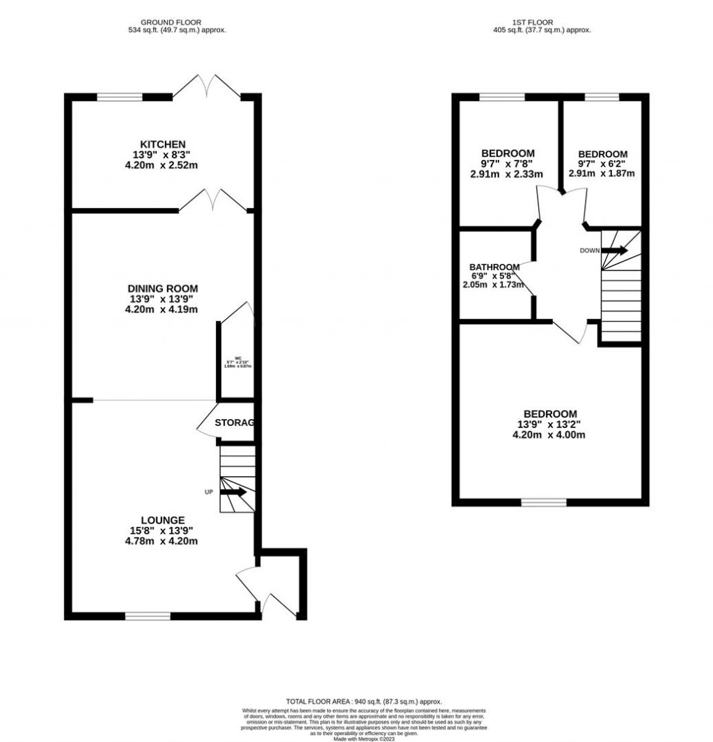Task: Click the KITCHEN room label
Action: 162,144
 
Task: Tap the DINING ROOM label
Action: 162,288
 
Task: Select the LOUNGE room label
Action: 162,520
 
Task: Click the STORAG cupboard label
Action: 234,423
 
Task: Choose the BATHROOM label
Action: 494,267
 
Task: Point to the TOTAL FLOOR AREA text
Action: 364,702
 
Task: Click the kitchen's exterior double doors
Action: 208,87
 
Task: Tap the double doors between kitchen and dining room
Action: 212,201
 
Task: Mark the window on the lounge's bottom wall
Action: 148,616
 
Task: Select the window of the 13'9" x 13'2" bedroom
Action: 543,501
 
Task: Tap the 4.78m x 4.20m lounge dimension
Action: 162,541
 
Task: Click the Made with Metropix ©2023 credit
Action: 364,739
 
